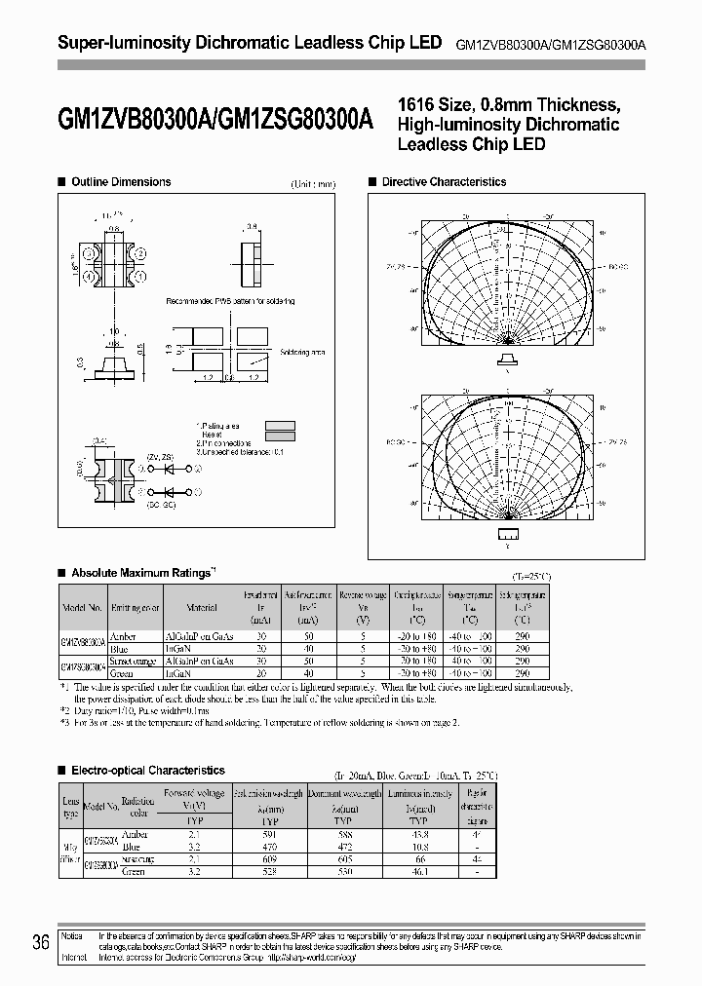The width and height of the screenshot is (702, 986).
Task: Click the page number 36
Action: point(41,942)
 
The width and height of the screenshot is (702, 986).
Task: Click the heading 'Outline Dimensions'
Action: point(121,182)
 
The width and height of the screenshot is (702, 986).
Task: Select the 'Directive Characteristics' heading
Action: point(444,182)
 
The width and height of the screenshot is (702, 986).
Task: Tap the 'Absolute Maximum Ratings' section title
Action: point(141,573)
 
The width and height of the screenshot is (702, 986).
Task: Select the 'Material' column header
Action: point(202,607)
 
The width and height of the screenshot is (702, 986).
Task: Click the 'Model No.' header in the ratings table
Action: point(82,607)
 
